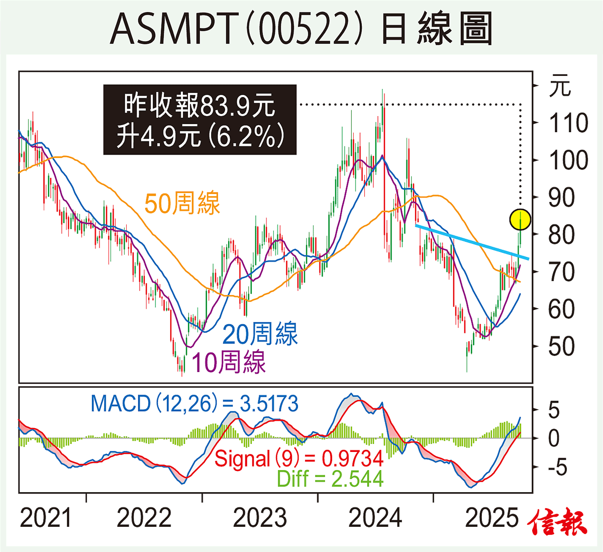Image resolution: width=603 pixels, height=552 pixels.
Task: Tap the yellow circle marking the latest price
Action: (520, 219)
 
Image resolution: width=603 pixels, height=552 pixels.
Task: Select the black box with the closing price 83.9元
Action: (200, 120)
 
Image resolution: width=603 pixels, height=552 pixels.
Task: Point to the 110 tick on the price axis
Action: (568, 123)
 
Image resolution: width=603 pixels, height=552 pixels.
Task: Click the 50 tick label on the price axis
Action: (561, 346)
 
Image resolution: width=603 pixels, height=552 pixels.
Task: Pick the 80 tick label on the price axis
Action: (561, 235)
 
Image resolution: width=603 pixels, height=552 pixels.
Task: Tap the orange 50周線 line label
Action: (182, 204)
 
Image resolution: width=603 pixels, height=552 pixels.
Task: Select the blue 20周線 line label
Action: (260, 334)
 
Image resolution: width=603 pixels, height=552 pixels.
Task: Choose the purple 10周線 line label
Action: (229, 361)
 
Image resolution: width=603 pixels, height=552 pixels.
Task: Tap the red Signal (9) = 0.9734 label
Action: (299, 458)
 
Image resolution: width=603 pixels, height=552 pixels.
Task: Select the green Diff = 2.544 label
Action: (330, 479)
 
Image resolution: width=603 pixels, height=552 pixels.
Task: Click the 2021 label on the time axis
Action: (46, 518)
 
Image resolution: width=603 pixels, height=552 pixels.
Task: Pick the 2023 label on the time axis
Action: (260, 518)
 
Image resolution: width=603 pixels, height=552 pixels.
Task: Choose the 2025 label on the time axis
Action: (491, 518)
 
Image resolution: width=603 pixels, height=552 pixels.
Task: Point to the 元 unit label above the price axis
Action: (560, 86)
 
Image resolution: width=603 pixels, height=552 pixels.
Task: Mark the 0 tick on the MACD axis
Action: (553, 439)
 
